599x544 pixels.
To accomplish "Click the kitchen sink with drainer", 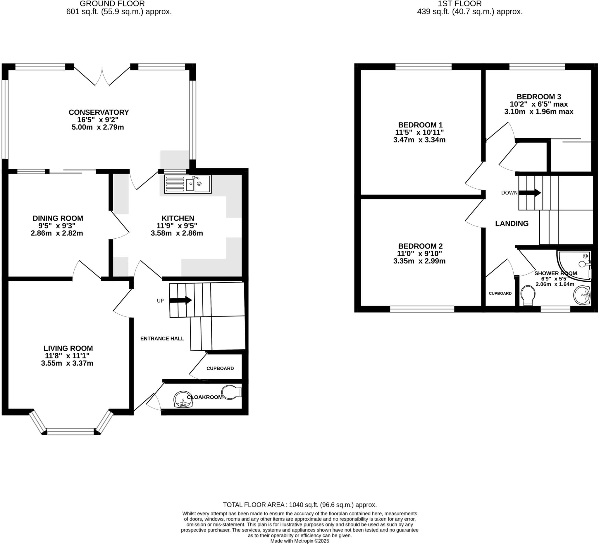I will coord(187,184).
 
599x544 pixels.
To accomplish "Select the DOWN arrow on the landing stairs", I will coord(529,192).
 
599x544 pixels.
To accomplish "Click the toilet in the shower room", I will coord(528,295).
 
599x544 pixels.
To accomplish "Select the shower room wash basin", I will coord(582,295).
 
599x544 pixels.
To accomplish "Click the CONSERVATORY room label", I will coord(99,112).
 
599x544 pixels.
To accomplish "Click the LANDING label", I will coord(512,223).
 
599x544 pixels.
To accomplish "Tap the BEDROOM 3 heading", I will coord(538,97).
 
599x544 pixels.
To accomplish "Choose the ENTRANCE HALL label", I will coord(162,338).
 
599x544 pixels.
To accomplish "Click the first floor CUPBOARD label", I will coord(500,293).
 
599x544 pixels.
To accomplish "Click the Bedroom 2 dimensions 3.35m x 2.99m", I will coord(419,261).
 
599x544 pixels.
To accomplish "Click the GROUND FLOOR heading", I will coord(112,4).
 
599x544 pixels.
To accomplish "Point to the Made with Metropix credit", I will coord(299,541).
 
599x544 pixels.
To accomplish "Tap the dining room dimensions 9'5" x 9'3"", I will coord(57,225).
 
